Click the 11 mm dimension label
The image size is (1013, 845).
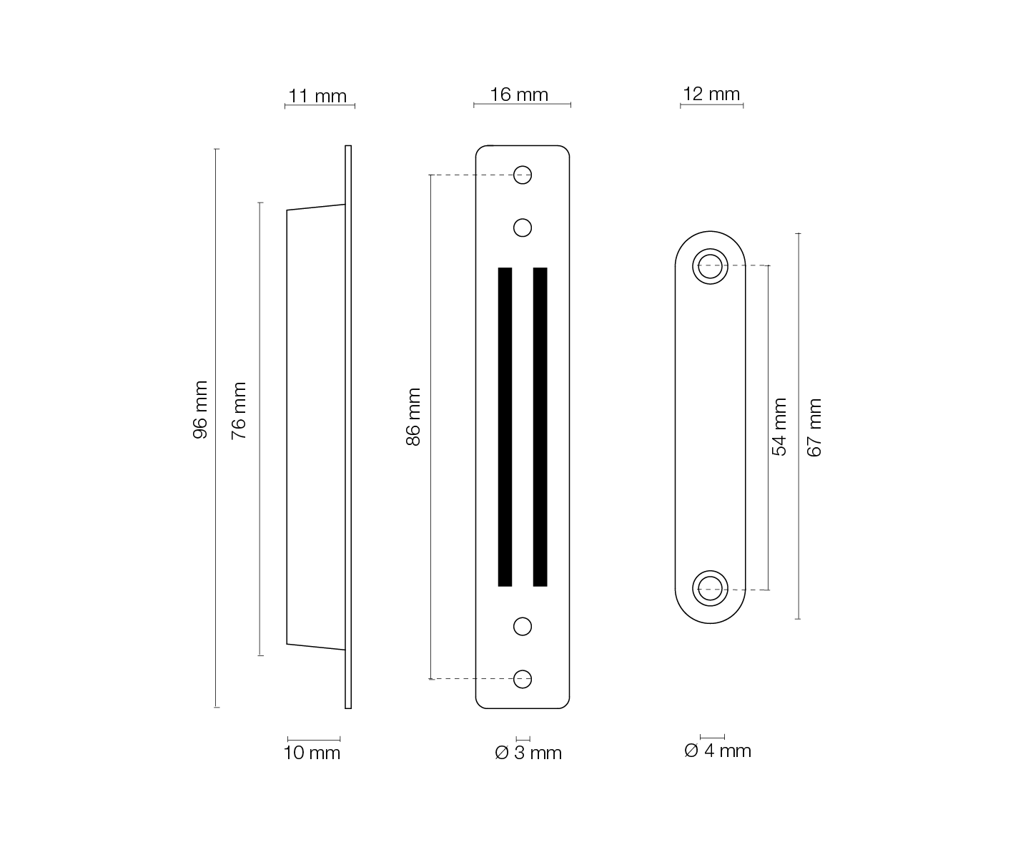[317, 96]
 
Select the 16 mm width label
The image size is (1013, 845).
[518, 94]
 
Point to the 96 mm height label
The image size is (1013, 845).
[200, 410]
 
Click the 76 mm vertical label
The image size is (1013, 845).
[238, 411]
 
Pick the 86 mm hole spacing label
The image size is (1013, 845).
[413, 416]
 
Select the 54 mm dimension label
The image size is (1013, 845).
[779, 427]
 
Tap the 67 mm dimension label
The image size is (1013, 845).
[814, 427]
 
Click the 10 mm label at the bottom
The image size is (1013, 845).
[312, 753]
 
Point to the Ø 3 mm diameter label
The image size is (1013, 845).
[528, 753]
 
